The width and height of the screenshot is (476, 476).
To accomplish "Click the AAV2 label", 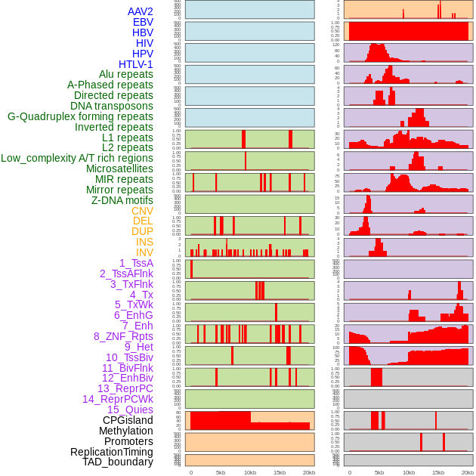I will (x=140, y=11).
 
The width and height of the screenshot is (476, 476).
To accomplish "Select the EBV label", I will (x=143, y=22).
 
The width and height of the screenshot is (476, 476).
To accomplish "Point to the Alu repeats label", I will (x=125, y=74).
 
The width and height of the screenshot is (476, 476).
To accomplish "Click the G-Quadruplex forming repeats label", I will (x=80, y=116).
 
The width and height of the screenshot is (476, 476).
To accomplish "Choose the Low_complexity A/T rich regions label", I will (x=77, y=158).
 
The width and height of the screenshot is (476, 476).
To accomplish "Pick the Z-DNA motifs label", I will (x=122, y=200).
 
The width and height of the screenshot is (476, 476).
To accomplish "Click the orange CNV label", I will (x=142, y=211).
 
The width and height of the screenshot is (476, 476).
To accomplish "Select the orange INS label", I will (x=144, y=242).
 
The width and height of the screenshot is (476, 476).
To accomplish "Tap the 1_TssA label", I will (x=136, y=263).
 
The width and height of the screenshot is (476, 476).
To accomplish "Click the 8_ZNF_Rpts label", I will (x=123, y=336).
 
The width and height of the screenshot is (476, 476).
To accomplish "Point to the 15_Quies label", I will (x=130, y=410).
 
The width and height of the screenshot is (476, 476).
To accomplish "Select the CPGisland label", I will (x=128, y=420).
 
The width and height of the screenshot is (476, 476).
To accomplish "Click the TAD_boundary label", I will (x=118, y=462).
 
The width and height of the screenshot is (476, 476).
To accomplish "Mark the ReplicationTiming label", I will (x=112, y=452).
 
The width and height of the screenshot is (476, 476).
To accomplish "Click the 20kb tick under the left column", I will (x=308, y=472).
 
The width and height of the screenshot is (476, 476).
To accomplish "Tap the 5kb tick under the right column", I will (x=379, y=472).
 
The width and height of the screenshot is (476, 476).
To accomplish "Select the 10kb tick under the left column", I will (x=249, y=472).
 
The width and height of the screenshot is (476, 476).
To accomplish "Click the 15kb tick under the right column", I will (x=438, y=472).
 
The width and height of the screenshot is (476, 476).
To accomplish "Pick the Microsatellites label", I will (x=119, y=168).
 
